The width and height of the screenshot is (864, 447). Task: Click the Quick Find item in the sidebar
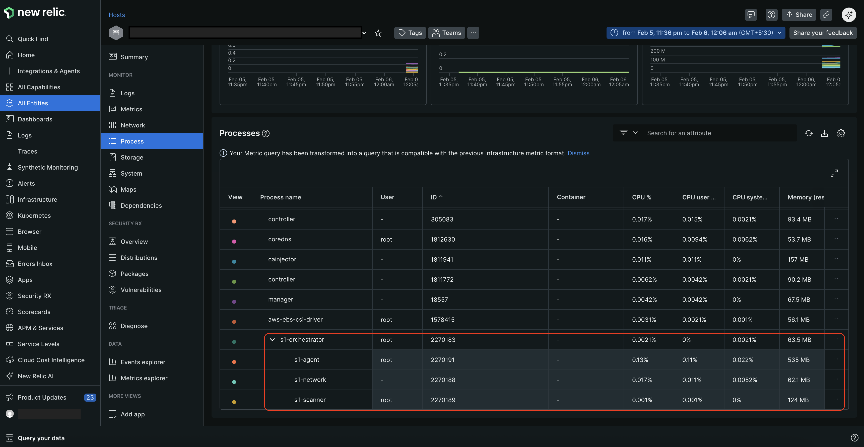click(33, 39)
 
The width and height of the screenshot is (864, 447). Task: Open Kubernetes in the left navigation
click(34, 216)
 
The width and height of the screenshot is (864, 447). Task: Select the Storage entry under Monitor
click(131, 157)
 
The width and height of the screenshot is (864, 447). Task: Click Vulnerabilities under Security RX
click(141, 290)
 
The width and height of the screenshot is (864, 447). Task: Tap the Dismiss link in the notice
click(578, 153)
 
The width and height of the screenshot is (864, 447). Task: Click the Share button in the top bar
click(799, 15)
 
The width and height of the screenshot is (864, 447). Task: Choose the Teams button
click(446, 33)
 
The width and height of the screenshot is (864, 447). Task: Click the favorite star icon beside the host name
click(378, 33)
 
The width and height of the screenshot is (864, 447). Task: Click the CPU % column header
click(641, 197)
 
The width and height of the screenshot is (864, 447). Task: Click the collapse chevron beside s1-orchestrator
click(272, 340)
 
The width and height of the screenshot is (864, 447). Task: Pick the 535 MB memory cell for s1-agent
click(798, 360)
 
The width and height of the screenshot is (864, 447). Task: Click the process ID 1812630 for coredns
click(443, 239)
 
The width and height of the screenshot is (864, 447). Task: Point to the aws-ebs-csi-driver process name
click(295, 320)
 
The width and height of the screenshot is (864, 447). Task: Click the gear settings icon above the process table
click(840, 133)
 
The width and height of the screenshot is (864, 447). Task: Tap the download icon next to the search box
click(824, 133)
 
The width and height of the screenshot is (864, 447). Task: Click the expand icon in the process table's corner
click(834, 173)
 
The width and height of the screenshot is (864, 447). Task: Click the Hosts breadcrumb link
click(116, 15)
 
